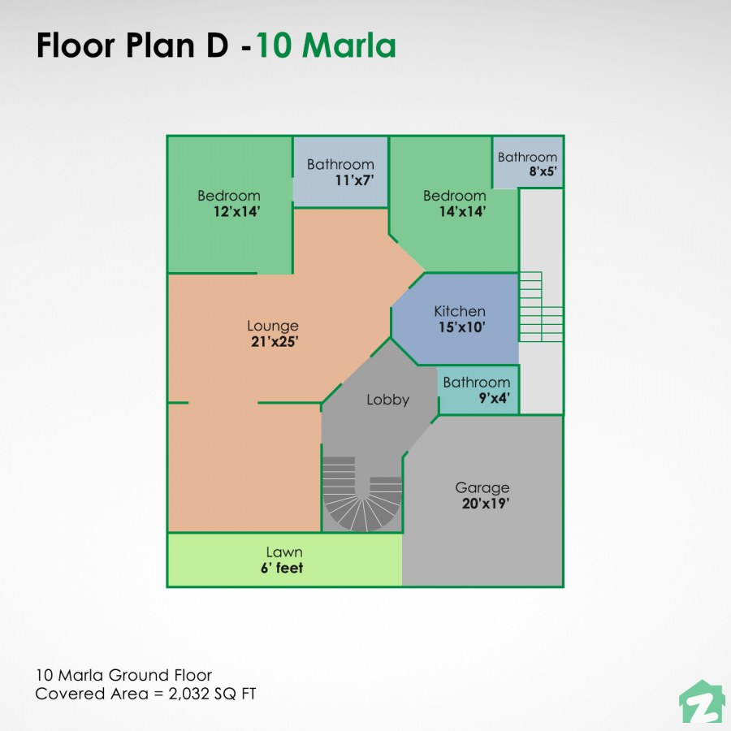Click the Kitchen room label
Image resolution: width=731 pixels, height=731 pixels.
tap(460, 311)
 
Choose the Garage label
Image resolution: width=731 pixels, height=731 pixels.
tap(482, 487)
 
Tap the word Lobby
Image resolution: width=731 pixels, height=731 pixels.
tap(387, 400)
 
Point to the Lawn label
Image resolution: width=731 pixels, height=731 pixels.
tap(283, 552)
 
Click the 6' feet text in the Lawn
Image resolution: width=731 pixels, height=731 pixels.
tap(282, 569)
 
